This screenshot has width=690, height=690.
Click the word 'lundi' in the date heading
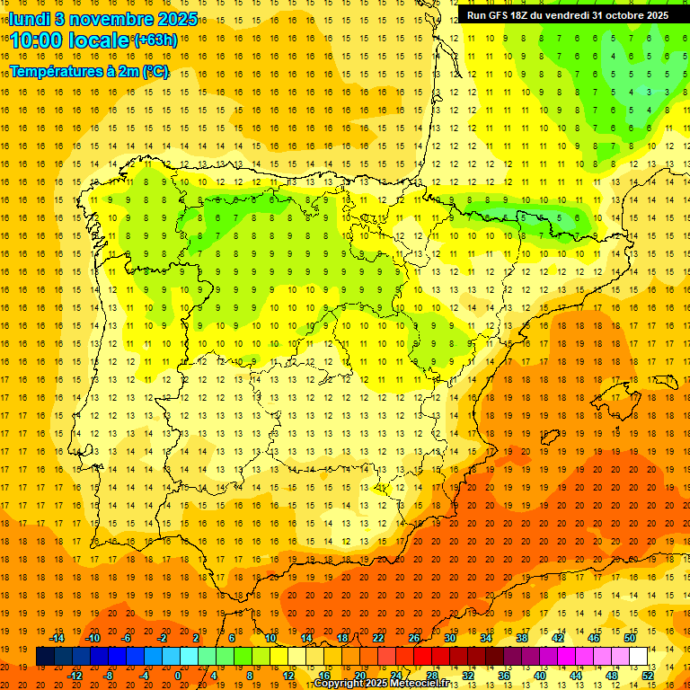coord(29,19)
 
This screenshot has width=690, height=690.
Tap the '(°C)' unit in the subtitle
coord(155,72)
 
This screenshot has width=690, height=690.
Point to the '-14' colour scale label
coord(57,638)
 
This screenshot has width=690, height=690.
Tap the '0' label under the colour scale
coord(177,676)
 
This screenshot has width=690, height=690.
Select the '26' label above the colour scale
coord(414,638)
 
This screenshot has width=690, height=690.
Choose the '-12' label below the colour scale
coord(75,676)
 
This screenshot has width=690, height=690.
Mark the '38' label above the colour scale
coord(522,638)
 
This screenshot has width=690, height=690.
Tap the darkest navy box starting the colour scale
coord(45,657)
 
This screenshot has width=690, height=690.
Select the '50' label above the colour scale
coord(630,638)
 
